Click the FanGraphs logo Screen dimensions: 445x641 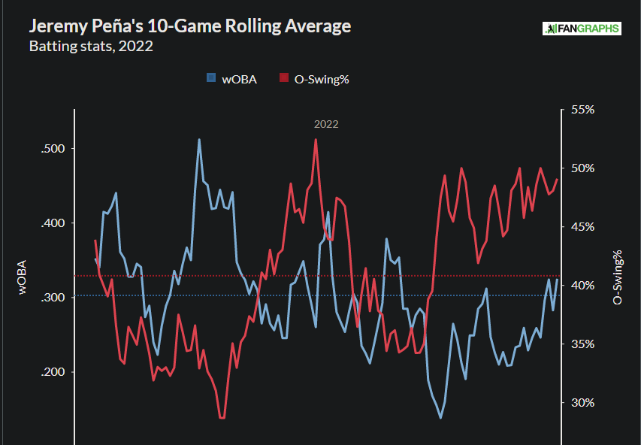(582, 29)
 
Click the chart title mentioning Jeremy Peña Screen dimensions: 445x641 (189, 26)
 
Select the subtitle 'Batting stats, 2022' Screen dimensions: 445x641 (91, 47)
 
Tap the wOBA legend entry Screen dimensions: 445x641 (232, 78)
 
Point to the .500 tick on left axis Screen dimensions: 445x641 (53, 149)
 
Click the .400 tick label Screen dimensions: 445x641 (53, 223)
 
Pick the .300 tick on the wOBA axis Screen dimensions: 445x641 (53, 298)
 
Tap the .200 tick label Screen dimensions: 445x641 (53, 372)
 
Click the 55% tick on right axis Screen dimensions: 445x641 (583, 110)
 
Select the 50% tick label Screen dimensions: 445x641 (583, 168)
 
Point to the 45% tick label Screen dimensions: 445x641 (583, 226)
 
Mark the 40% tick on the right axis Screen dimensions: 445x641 (583, 285)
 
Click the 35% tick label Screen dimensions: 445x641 (583, 344)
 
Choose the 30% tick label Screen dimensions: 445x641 (583, 402)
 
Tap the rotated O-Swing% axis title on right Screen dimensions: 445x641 (618, 277)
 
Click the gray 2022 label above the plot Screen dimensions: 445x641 (326, 124)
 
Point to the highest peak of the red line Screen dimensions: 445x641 (316, 140)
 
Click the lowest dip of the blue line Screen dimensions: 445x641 (440, 418)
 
